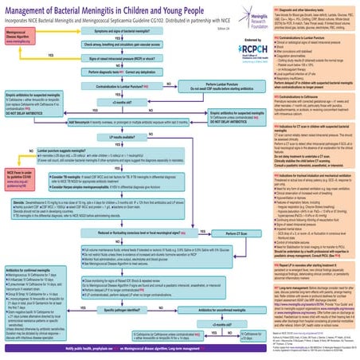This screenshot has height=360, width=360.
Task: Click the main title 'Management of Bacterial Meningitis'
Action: click(119, 10)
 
